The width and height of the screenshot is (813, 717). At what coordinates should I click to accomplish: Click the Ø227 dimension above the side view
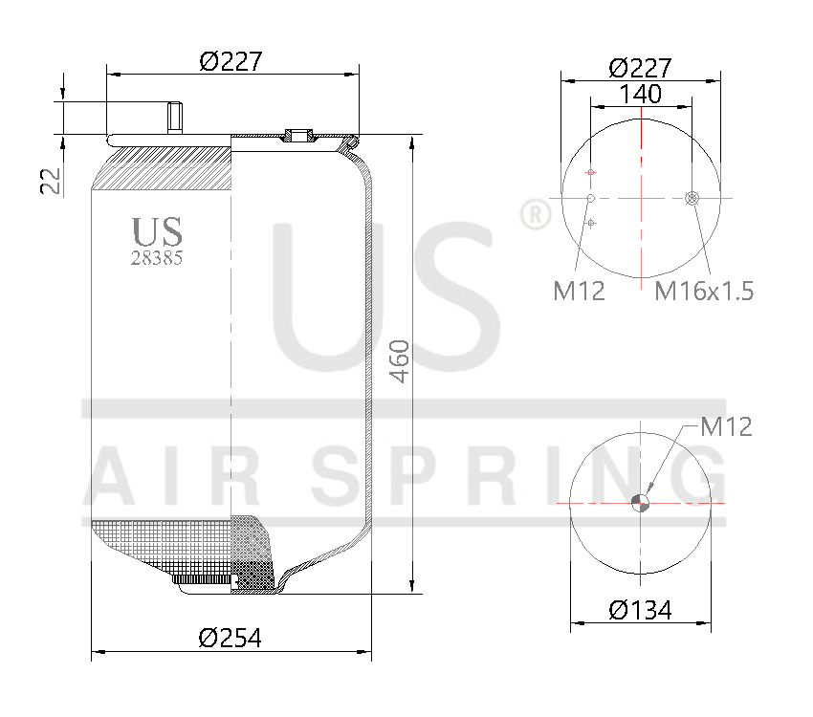tap(231, 61)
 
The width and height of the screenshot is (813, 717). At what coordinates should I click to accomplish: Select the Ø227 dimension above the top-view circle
tap(639, 68)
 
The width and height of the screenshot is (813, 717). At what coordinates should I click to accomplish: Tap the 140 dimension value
tap(641, 94)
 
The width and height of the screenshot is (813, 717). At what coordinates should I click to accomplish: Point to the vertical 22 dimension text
tap(52, 181)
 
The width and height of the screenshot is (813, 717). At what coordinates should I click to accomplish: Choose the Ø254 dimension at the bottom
tap(230, 638)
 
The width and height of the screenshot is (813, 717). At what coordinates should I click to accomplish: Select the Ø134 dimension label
tap(640, 610)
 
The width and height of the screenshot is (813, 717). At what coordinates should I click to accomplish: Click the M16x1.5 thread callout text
tap(703, 291)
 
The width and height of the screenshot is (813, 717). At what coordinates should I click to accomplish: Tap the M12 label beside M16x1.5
tap(579, 291)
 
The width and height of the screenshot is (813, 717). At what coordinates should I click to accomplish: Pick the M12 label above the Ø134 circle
tap(726, 426)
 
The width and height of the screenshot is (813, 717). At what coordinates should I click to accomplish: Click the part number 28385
tap(157, 257)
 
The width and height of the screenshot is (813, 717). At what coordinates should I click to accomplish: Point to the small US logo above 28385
tap(157, 230)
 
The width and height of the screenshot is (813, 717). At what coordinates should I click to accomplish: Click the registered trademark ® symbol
tap(534, 214)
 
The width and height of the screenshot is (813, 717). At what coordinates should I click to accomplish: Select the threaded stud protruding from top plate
tap(175, 118)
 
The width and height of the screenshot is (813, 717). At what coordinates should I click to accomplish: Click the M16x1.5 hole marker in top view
tap(692, 198)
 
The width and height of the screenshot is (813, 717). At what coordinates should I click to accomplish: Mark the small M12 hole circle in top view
tap(591, 198)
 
